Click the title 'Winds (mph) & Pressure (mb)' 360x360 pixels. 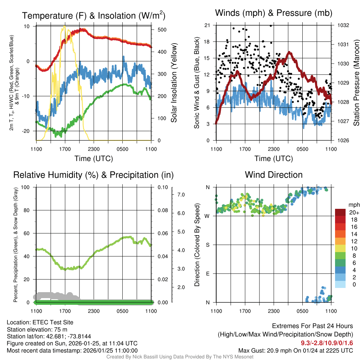click(x=274, y=13)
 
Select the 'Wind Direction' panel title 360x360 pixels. click(x=274, y=175)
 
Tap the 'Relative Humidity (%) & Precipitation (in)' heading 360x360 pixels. click(x=93, y=175)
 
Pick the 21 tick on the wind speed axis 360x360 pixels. click(x=207, y=25)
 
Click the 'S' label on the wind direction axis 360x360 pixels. click(x=208, y=245)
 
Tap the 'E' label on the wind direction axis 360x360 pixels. click(x=208, y=274)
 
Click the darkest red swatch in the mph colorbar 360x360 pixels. click(x=340, y=212)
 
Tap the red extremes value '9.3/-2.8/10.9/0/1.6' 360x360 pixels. click(x=327, y=343)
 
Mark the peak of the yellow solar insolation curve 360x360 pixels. click(x=64, y=26)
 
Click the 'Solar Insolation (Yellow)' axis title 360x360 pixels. click(x=174, y=83)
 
